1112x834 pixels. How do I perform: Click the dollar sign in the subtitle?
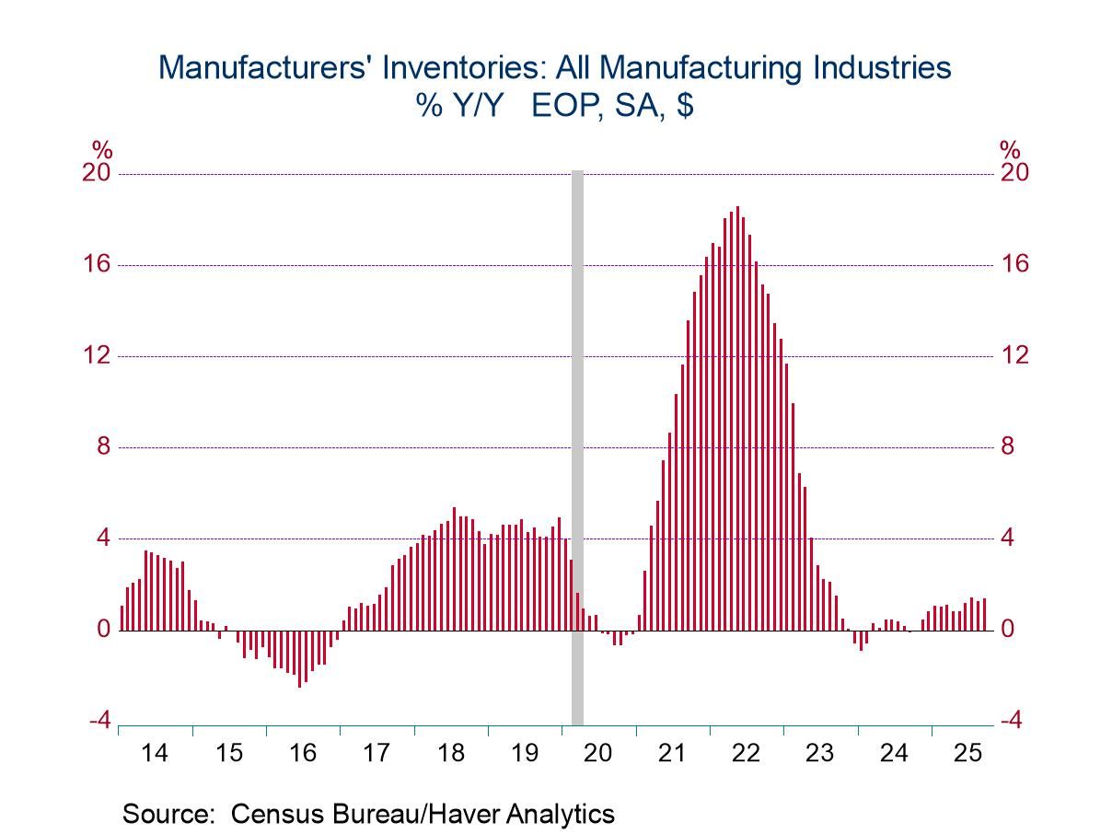pos(685,106)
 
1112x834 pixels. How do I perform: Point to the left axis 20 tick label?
pos(97,173)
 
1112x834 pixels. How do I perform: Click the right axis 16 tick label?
pos(1014,264)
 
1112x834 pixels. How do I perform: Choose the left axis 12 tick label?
pos(97,355)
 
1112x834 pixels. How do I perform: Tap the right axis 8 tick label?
pos(1008,446)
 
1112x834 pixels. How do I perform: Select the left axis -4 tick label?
pos(99,721)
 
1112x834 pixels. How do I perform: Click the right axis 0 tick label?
pos(1008,630)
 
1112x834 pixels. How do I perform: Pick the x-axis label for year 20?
pos(598,754)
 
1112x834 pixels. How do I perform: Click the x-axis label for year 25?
pos(967,754)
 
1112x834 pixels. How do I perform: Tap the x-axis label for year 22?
pos(746,754)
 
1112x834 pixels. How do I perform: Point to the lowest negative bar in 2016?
pos(299,658)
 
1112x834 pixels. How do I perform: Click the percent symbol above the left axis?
pos(101,150)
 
